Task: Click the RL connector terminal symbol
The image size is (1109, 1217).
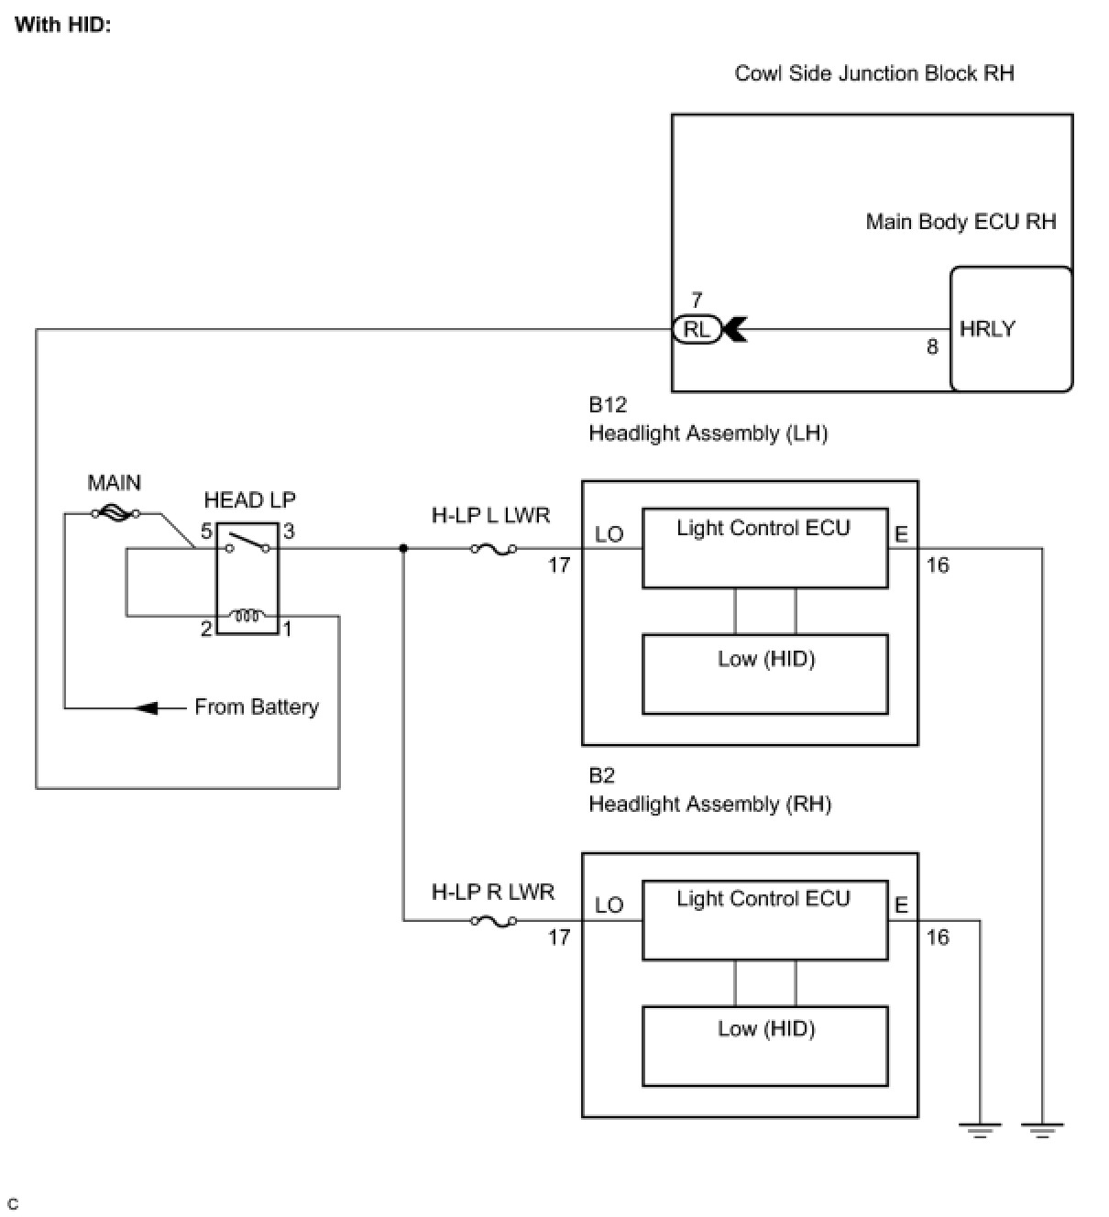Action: tap(697, 329)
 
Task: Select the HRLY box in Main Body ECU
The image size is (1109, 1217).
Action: tap(1011, 329)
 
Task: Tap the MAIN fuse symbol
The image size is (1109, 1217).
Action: tap(115, 514)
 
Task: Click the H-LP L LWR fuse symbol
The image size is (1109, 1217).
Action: tap(493, 549)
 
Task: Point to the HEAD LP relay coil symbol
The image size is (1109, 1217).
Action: tap(247, 615)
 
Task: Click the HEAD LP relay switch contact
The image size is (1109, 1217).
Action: tap(247, 543)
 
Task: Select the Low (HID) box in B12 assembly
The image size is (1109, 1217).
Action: tap(765, 674)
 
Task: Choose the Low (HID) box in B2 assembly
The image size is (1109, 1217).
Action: tap(765, 1045)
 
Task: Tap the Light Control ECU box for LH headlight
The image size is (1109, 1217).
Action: tap(765, 548)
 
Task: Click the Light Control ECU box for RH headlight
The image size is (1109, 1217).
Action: tap(765, 920)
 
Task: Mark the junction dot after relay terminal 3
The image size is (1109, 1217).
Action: tap(403, 549)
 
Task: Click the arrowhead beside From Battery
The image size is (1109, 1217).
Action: tap(147, 707)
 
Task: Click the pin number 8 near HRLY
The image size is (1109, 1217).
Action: tap(932, 347)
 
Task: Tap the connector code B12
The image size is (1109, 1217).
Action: tap(608, 404)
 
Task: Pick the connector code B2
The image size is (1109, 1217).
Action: tap(601, 775)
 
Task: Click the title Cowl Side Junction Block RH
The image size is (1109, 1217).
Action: tap(874, 73)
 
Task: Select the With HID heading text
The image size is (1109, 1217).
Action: tap(62, 24)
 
